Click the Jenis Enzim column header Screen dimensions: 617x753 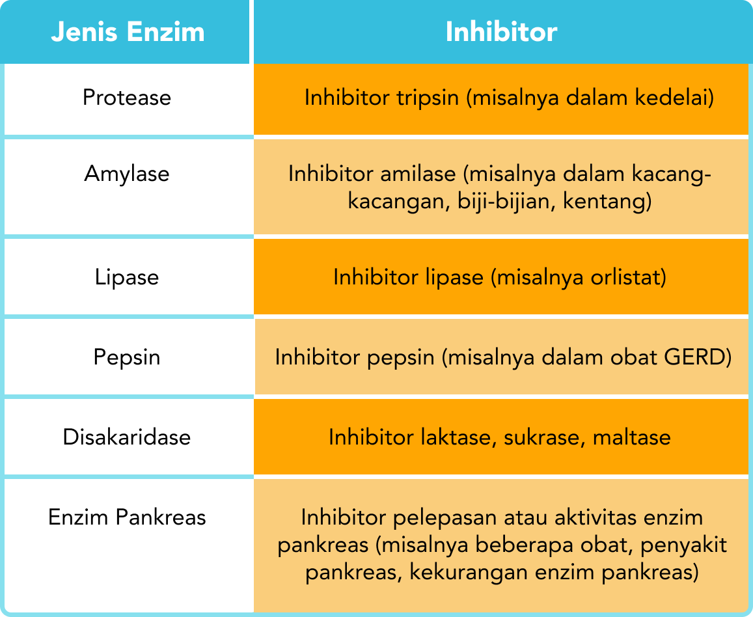[x=128, y=32]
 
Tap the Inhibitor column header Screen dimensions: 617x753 [x=501, y=32]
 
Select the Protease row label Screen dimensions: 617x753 [x=127, y=98]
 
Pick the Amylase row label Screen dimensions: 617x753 [x=127, y=174]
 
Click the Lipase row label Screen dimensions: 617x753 [x=127, y=277]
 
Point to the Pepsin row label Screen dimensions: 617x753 [x=127, y=357]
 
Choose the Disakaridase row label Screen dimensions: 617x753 [x=127, y=436]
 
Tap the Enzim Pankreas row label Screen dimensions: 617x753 [x=127, y=517]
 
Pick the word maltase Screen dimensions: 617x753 [x=631, y=436]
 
